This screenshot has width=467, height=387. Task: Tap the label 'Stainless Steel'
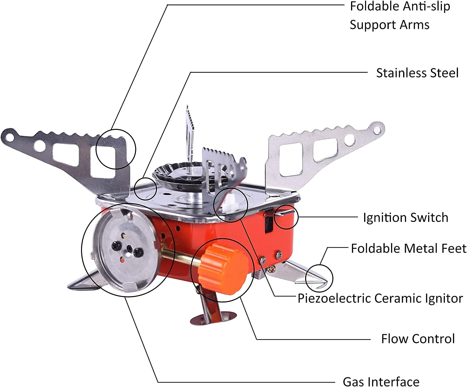pos(417,73)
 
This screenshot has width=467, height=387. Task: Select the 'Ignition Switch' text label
pos(406,218)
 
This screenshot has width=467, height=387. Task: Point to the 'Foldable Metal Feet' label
pos(409,248)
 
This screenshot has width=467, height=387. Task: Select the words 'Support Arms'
pos(389,25)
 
